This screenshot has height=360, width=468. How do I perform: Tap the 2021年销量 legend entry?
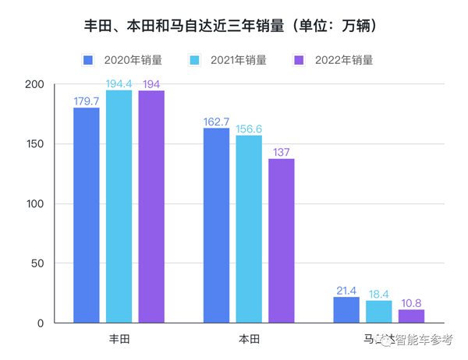tap(227, 60)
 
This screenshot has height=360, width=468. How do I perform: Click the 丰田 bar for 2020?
tap(87, 215)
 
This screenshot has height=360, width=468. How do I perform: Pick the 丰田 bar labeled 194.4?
tap(119, 206)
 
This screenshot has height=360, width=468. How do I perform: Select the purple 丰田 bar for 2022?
tap(151, 206)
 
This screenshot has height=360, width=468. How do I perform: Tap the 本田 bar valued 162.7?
tap(216, 225)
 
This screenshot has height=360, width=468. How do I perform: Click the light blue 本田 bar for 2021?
tap(249, 229)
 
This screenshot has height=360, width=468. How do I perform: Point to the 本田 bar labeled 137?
tap(282, 241)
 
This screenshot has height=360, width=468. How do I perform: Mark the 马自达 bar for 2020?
tap(346, 310)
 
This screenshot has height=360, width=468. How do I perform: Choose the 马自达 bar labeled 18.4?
tap(379, 312)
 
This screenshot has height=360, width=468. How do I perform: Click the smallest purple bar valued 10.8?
tap(411, 316)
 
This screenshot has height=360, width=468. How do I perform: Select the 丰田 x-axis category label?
tap(119, 339)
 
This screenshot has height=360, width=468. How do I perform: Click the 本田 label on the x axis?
tap(249, 339)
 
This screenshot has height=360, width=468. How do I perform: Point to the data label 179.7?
tap(87, 101)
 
